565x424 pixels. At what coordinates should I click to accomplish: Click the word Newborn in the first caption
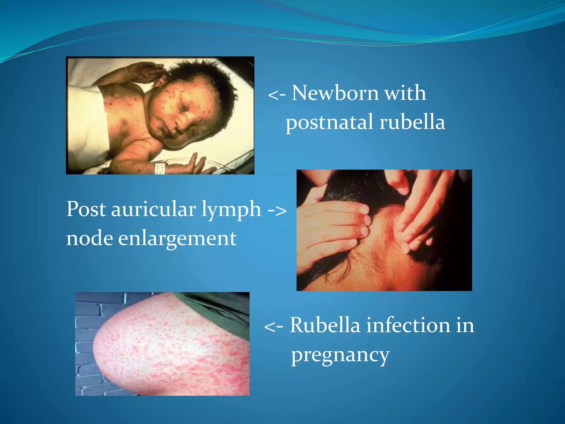click(x=335, y=93)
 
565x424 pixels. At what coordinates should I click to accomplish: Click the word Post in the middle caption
click(x=86, y=209)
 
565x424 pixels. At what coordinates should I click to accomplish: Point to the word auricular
click(x=153, y=209)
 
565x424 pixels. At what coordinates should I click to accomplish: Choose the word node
click(x=89, y=238)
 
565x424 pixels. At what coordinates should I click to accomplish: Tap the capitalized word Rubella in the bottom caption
click(x=325, y=325)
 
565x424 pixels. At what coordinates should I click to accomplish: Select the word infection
click(x=408, y=325)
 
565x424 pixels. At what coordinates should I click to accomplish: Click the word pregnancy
click(x=340, y=356)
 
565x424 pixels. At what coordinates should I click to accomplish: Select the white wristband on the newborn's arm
click(x=160, y=168)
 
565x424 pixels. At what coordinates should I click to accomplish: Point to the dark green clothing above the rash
click(x=221, y=309)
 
